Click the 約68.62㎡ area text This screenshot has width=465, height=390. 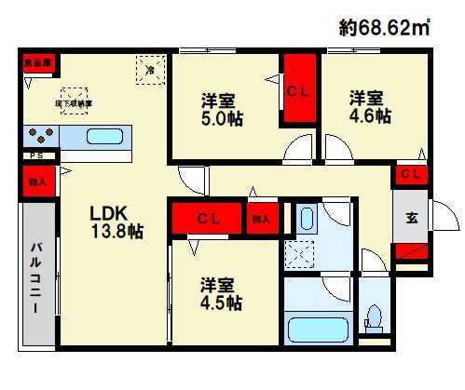[x=383, y=28]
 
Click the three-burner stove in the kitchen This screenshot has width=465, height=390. [x=41, y=134]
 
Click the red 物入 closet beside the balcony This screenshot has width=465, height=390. [x=36, y=182]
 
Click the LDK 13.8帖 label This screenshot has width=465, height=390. [x=114, y=220]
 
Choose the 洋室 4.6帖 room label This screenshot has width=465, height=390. [x=370, y=105]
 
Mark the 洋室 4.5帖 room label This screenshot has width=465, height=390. [x=220, y=293]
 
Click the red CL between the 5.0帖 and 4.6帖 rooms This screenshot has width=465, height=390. [x=298, y=91]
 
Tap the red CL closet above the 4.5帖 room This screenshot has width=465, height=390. [x=206, y=219]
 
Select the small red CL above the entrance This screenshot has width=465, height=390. [x=410, y=175]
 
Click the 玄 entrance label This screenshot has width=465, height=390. [x=411, y=220]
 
